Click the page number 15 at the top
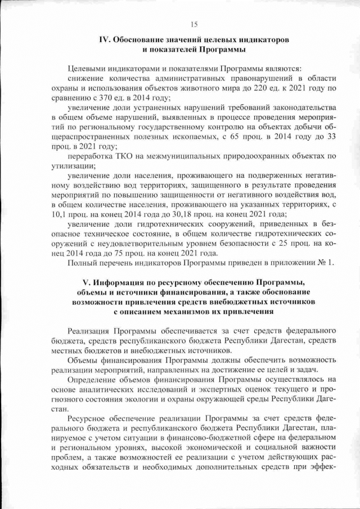pyautogui.click(x=194, y=24)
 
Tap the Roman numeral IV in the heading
pyautogui.click(x=103, y=41)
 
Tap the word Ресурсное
pyautogui.click(x=87, y=418)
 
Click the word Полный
pyautogui.click(x=80, y=263)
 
